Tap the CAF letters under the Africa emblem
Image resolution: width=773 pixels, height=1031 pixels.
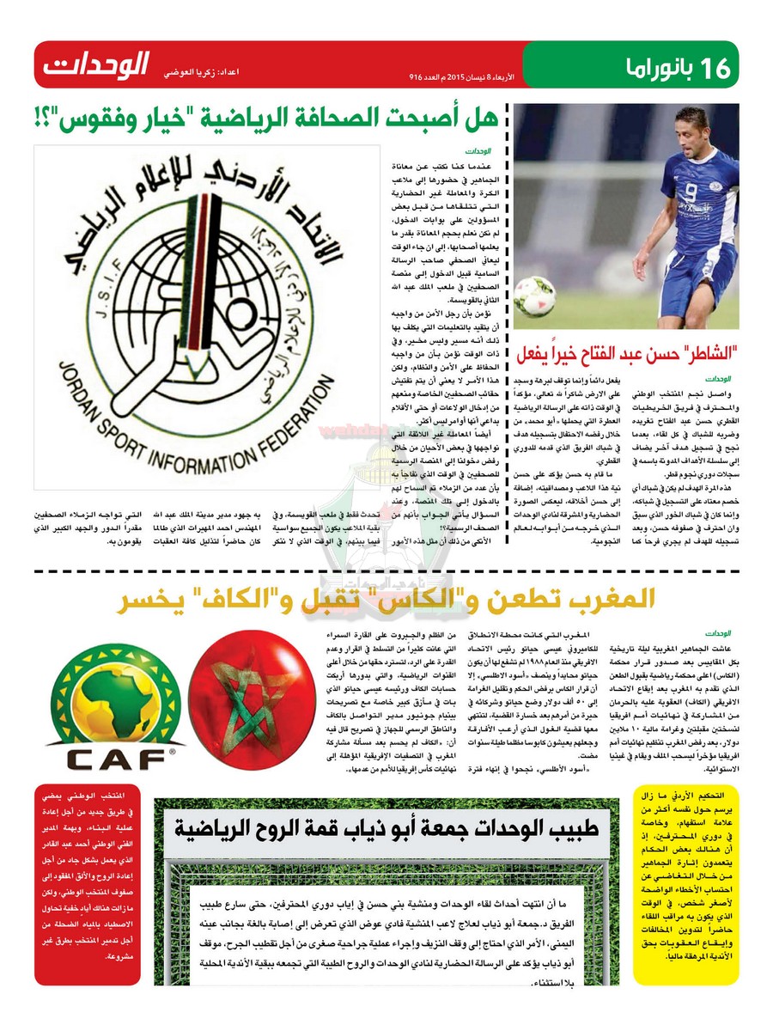click(x=113, y=760)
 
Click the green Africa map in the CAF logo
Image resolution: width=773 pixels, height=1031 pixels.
click(x=115, y=694)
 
